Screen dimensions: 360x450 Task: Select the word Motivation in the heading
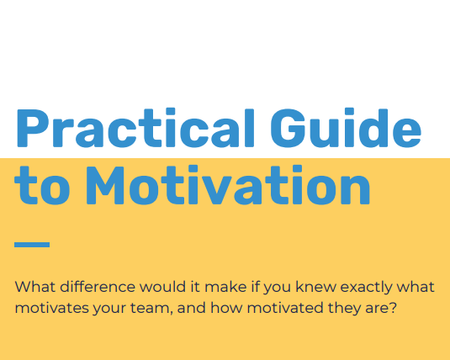coord(227,186)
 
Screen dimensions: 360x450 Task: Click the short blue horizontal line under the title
coord(32,245)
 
